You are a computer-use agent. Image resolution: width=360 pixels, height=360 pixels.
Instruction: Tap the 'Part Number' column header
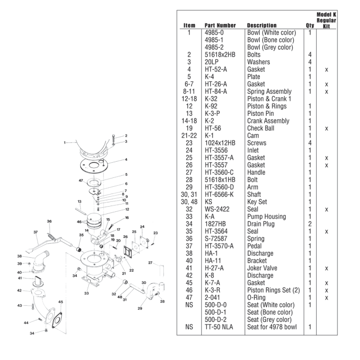point(220,25)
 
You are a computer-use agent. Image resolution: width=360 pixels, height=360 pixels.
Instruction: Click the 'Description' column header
point(261,25)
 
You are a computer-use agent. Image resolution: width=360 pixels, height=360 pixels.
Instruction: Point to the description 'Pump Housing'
point(266,217)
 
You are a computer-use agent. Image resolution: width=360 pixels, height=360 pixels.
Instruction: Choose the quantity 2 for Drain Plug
point(310,224)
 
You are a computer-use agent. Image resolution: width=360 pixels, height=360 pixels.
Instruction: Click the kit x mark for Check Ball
point(326,128)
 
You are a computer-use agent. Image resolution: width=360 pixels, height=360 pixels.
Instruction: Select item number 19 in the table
point(189,128)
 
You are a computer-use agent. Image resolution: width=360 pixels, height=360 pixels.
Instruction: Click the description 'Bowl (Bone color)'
point(271,40)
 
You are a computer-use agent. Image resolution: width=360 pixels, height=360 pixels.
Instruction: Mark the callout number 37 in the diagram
point(36,232)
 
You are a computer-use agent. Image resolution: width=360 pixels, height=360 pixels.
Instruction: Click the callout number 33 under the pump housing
point(87,293)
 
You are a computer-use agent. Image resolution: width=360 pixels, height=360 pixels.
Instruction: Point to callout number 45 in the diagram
point(61,302)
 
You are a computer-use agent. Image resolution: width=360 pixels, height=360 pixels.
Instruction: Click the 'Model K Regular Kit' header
point(326,20)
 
